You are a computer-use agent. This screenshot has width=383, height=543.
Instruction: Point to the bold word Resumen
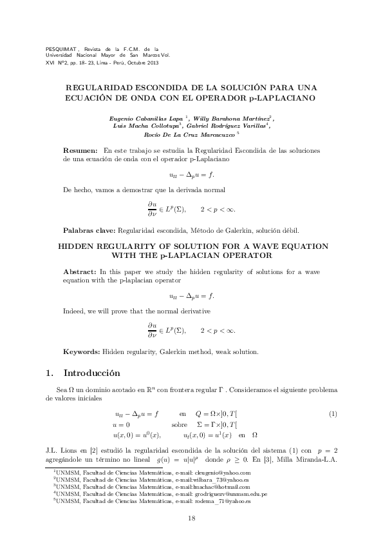click(x=80, y=149)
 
